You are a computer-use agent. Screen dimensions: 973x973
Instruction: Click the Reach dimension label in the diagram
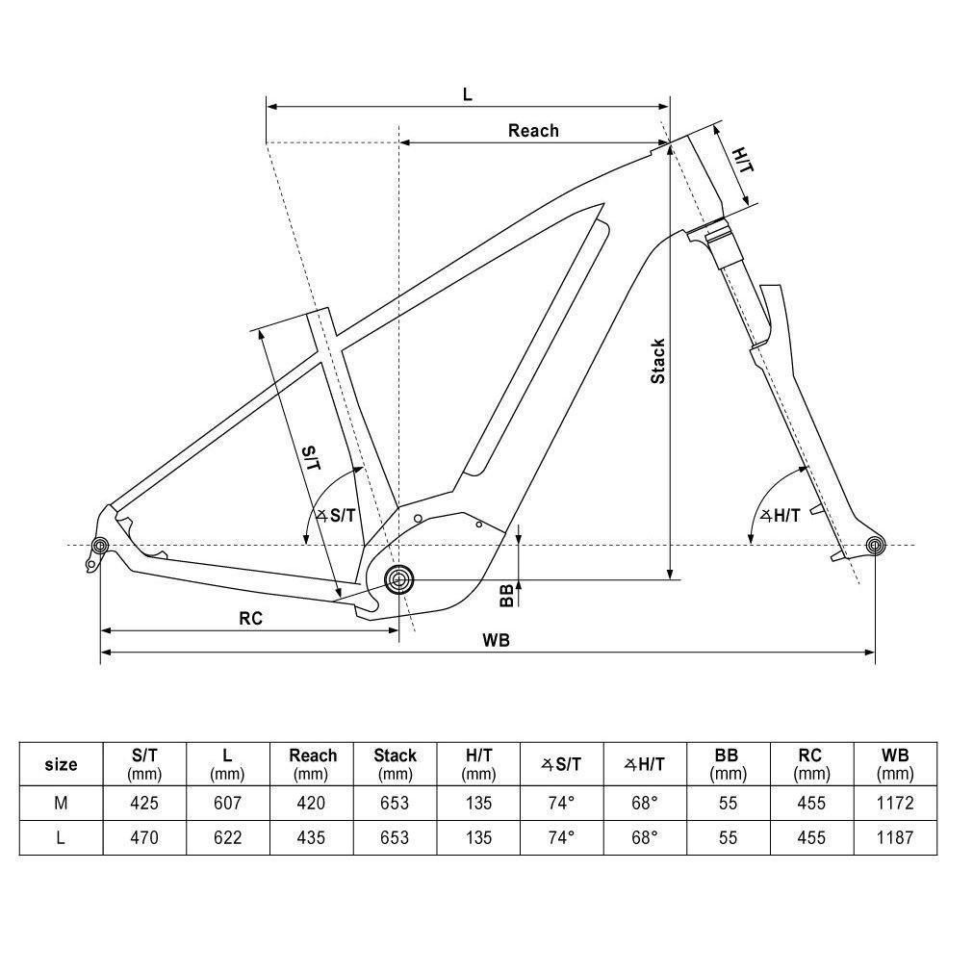[533, 130]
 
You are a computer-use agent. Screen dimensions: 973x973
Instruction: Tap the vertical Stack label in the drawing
[657, 361]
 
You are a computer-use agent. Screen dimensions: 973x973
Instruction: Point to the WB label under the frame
[497, 640]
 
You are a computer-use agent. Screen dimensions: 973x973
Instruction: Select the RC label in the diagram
[251, 619]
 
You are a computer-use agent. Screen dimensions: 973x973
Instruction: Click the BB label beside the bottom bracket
[506, 596]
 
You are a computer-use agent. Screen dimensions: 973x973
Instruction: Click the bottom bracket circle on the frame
[398, 579]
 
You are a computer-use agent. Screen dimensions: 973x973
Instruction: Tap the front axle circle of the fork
[874, 547]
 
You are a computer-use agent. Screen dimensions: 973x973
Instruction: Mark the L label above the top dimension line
[468, 94]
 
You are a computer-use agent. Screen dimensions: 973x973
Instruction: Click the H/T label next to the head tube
[742, 161]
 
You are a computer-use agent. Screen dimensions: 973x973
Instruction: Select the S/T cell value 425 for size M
[144, 803]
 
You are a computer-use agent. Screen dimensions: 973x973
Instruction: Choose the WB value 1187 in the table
[895, 837]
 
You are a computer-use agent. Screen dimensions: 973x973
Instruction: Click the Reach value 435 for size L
[312, 837]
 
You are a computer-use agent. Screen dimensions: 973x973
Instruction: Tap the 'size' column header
[61, 765]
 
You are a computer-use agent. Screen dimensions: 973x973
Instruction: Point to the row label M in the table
[61, 803]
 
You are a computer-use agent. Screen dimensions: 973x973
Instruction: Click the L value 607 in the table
[228, 803]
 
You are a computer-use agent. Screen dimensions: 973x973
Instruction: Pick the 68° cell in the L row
[645, 837]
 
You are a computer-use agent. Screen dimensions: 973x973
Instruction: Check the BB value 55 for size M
[728, 803]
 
